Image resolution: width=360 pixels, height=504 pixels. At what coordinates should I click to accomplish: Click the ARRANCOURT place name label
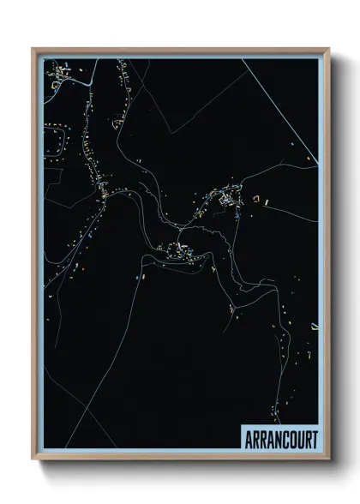(280, 439)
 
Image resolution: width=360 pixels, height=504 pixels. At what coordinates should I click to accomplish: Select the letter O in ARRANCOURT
(290, 439)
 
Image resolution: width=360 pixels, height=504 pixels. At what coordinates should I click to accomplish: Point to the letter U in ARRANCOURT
(298, 439)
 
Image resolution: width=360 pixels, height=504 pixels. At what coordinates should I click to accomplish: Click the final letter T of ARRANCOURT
(315, 439)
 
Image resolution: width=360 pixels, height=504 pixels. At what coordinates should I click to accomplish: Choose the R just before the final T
(307, 439)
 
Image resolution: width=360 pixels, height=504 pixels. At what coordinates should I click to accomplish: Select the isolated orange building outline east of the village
(255, 199)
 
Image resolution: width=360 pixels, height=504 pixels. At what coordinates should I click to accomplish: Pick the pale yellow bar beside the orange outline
(267, 201)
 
